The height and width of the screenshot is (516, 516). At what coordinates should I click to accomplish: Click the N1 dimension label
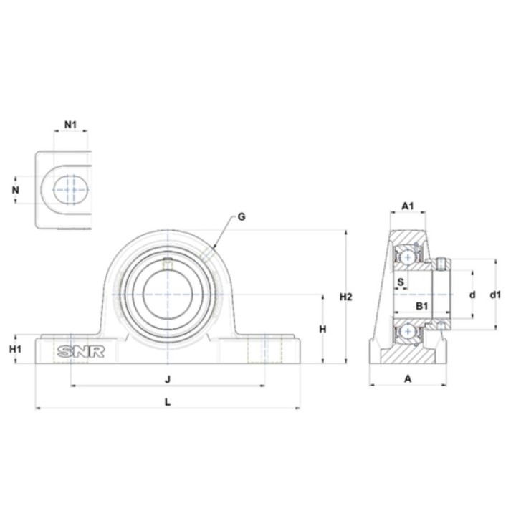coord(70,125)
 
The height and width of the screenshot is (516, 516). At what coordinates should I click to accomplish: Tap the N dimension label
coord(16,190)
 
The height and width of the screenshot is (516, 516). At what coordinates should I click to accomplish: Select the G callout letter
coord(242,217)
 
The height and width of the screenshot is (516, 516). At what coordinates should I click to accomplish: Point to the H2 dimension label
coord(346,297)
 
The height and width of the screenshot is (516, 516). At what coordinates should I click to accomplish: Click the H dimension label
coord(323,329)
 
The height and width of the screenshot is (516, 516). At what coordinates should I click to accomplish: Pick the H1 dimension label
coord(15,349)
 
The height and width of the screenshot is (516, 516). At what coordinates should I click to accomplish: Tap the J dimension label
coord(168,379)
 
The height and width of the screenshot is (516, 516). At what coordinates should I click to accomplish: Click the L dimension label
coord(168,402)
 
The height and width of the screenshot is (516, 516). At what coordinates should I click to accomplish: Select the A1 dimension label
coord(408,206)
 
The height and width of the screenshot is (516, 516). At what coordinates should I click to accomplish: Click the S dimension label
coord(401,282)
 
